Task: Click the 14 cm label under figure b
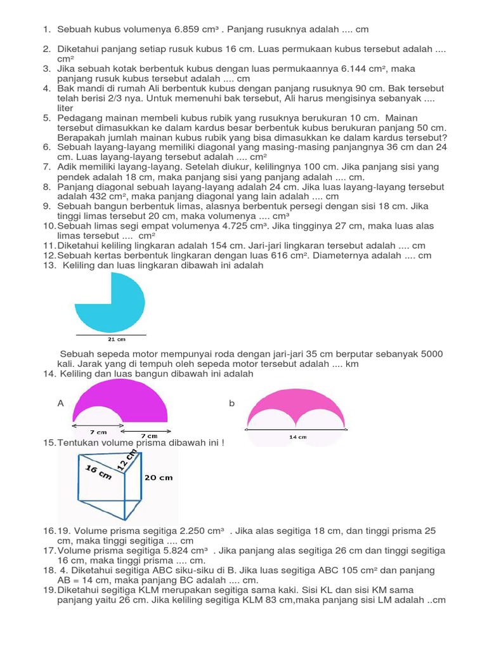point(297,437)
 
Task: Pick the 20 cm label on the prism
point(159,477)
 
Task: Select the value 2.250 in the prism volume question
point(189,531)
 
